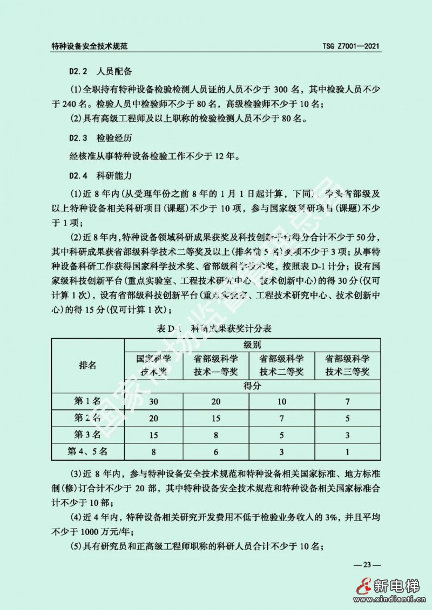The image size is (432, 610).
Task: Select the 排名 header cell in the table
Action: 88,365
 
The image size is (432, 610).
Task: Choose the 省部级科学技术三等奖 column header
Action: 347,365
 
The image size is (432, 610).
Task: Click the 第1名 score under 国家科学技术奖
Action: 154,401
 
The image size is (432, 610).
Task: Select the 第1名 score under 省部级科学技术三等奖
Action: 347,401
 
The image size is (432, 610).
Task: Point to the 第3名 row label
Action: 88,434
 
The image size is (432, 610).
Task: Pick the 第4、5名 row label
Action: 88,451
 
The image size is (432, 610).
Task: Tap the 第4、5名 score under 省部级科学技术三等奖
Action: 347,451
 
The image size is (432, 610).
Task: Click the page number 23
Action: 367,565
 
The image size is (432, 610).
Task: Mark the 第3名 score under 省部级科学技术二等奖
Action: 281,434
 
